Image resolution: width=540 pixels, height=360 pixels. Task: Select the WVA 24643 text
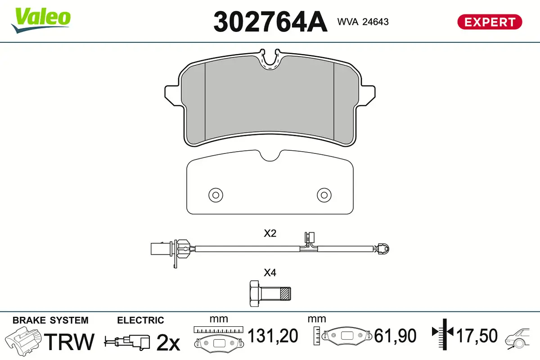coord(363,22)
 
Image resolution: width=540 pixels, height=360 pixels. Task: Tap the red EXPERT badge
coord(490,22)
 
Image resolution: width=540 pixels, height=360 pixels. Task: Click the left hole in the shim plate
coord(216,195)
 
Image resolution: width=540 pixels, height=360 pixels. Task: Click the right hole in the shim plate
coord(324,195)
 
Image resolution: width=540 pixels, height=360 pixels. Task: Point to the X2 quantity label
coord(270,234)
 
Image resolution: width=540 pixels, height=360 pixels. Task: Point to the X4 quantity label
coord(270,272)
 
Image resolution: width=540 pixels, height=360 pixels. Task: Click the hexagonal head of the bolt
coord(254,293)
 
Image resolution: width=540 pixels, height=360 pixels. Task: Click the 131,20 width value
coord(273,336)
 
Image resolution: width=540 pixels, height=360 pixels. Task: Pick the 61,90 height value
coord(396,336)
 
